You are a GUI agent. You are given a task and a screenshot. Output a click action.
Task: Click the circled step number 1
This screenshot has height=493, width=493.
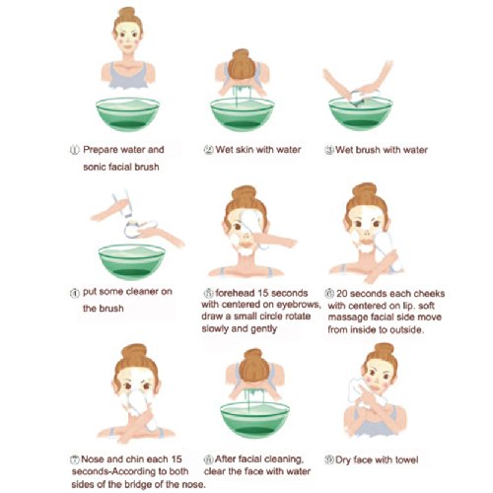click(x=75, y=150)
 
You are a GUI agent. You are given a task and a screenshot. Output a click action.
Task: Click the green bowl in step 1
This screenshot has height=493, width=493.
click(x=127, y=114)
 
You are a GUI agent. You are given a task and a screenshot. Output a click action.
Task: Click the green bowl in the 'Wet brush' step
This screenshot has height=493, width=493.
click(x=361, y=113)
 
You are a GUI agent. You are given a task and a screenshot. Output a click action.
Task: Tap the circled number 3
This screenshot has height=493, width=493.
click(x=329, y=150)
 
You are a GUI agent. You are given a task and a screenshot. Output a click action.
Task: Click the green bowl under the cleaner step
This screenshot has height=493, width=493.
click(x=131, y=261)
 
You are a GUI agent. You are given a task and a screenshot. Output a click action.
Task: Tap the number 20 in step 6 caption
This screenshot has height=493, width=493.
click(x=341, y=294)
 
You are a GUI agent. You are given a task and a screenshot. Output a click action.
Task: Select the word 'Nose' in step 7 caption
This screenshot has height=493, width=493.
click(x=92, y=459)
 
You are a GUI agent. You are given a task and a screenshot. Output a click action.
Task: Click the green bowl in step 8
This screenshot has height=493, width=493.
click(x=254, y=420)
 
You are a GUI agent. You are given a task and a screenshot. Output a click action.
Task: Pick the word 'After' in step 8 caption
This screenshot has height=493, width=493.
click(x=225, y=459)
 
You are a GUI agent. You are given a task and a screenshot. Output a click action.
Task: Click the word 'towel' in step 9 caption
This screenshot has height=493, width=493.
click(x=407, y=459)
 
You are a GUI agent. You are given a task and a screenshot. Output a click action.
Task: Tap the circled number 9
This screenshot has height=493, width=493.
click(x=329, y=459)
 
